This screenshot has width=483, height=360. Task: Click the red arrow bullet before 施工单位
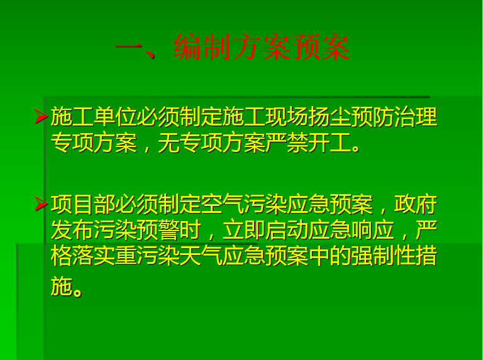tap(41, 116)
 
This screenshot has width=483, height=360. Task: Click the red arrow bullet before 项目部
tap(41, 204)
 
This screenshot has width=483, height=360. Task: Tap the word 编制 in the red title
tap(203, 47)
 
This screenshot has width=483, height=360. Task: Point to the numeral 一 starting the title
tap(129, 47)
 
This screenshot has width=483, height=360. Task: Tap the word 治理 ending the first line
tap(416, 117)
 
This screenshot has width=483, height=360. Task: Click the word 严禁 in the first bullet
tap(286, 143)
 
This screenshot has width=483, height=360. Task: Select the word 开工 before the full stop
tap(329, 143)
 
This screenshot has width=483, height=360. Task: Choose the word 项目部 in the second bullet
tap(83, 204)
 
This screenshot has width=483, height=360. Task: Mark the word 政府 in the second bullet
tap(416, 204)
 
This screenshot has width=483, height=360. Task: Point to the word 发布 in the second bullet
tap(72, 230)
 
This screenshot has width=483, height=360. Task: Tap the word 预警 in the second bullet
tap(158, 230)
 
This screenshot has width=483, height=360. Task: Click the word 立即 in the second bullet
tap(243, 230)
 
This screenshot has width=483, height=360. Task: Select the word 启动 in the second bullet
tap(286, 230)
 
